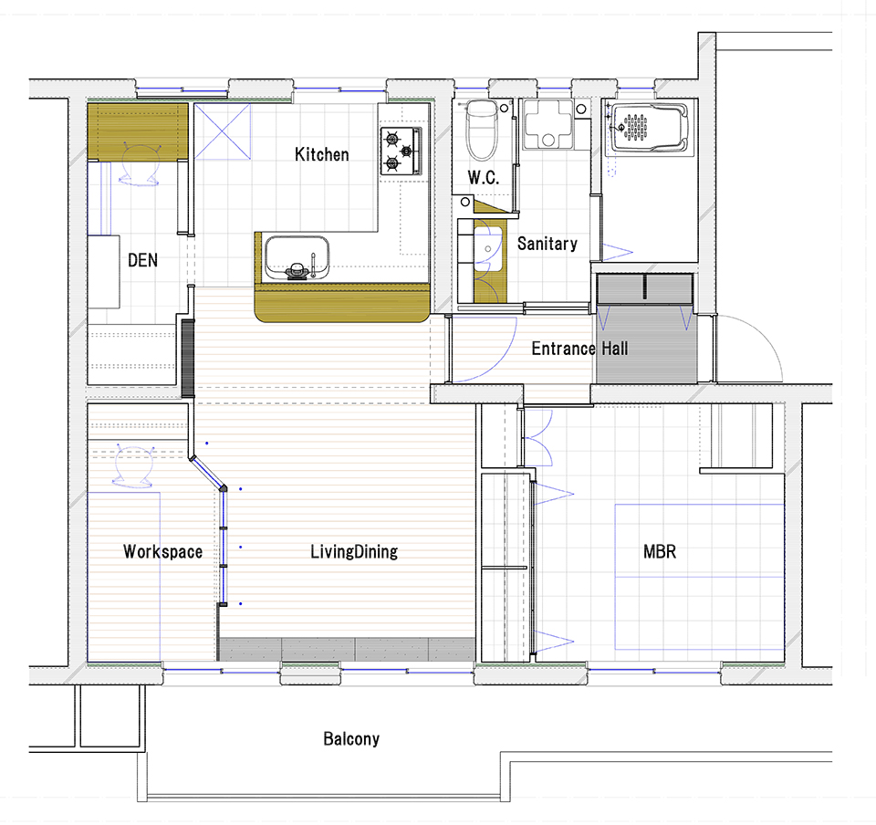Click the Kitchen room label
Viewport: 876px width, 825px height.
pos(322,154)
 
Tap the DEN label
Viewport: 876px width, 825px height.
pos(142,260)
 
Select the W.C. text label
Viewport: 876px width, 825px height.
pos(484,178)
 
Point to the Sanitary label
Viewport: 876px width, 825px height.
pos(547,244)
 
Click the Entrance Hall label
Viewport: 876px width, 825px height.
pos(579,349)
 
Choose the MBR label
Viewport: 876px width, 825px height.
pos(660,552)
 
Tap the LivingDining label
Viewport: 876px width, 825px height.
pos(354,552)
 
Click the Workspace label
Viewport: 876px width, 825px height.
pos(162,552)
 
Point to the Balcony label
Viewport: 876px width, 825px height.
pos(351,739)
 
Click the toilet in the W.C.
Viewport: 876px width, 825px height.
pos(482,131)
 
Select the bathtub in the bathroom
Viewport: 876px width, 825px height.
pos(650,128)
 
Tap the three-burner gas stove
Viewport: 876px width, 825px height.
pos(401,151)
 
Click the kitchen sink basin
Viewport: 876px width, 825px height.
pos(297,257)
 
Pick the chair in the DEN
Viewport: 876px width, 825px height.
pos(140,165)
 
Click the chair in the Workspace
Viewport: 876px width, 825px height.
pos(133,466)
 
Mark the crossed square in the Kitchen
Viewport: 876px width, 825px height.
pos(223,131)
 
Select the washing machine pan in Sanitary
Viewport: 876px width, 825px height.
pos(548,124)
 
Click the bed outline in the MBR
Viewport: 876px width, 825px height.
pos(700,577)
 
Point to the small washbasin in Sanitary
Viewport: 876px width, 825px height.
pos(488,248)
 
